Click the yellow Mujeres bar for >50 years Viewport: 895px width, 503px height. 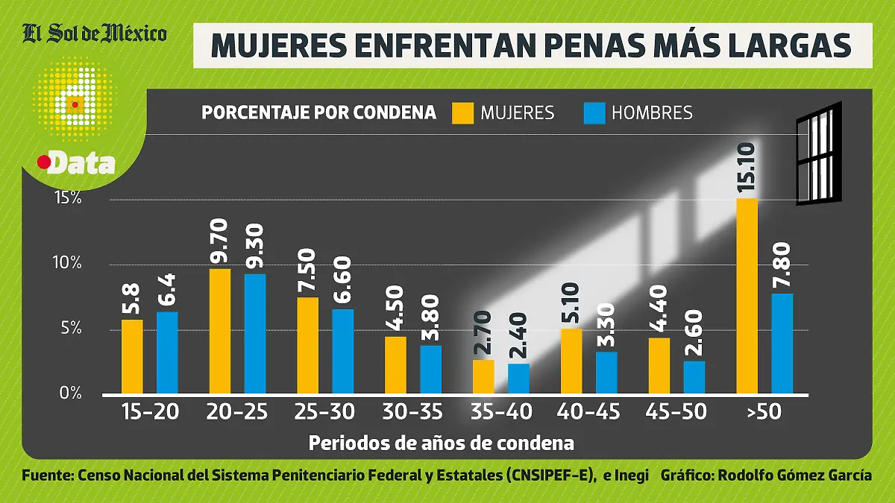click(x=747, y=296)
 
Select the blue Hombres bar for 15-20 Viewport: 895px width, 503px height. click(x=167, y=352)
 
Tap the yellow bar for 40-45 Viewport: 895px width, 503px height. click(x=571, y=361)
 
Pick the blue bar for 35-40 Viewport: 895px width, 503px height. click(x=518, y=378)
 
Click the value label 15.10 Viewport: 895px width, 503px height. click(x=747, y=170)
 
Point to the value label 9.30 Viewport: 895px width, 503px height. click(x=255, y=249)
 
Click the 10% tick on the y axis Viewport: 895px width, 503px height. click(x=67, y=264)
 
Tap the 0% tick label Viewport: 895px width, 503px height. click(x=69, y=393)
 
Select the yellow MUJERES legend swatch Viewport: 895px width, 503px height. click(x=462, y=113)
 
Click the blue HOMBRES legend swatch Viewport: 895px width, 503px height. click(x=594, y=113)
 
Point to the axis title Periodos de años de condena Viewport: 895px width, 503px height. click(x=441, y=443)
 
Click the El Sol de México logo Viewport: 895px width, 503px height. click(x=95, y=33)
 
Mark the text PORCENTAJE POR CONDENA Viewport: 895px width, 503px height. click(x=318, y=113)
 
